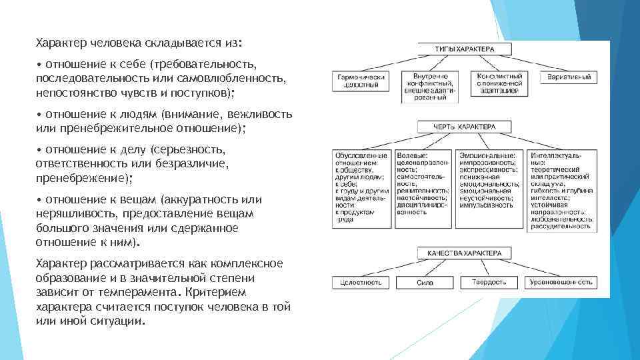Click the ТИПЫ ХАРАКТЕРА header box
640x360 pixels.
464,49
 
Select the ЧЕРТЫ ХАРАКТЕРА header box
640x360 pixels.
464,126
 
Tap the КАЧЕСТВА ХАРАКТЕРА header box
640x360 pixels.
464,253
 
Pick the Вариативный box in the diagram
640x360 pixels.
568,77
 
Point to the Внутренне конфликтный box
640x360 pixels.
430,87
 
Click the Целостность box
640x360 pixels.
361,283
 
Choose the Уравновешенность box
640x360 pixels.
561,283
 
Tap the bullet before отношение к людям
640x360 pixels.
39,115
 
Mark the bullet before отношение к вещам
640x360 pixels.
39,200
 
